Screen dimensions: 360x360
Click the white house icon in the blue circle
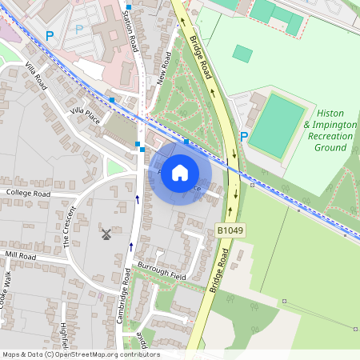[180, 172]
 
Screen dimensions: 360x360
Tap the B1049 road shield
[230, 230]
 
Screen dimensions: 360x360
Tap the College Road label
[28, 194]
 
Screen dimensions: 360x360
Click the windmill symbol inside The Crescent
[105, 234]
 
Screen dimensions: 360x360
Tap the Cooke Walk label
[7, 286]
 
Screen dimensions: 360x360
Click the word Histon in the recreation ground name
[330, 114]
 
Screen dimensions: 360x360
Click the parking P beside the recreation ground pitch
[244, 136]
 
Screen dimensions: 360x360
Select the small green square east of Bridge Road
[242, 54]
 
